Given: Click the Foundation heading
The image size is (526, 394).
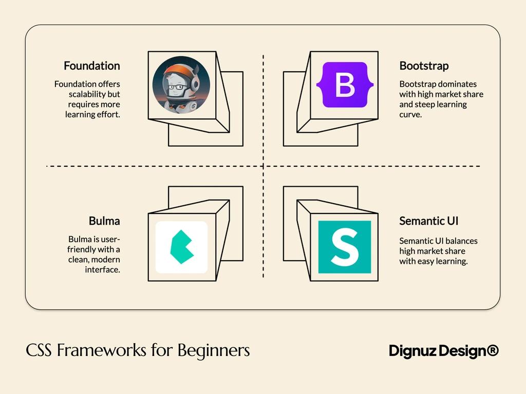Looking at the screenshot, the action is (x=91, y=66).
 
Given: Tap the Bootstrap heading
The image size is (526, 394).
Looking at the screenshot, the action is (x=424, y=66).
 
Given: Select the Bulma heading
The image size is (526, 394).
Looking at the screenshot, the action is (x=104, y=221).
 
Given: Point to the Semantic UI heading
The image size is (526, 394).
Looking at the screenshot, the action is (x=428, y=221).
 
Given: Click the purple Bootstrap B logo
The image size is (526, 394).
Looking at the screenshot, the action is (x=345, y=85).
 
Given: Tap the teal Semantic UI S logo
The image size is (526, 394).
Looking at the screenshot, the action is (x=344, y=247).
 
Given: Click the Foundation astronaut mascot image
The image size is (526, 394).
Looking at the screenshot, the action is (x=181, y=85).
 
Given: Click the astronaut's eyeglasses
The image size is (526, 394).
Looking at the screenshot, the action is (x=177, y=87).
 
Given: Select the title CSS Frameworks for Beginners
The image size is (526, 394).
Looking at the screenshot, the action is (x=138, y=350).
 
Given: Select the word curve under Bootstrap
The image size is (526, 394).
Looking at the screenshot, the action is (x=410, y=114).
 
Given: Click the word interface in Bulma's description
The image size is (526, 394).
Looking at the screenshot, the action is (x=102, y=270).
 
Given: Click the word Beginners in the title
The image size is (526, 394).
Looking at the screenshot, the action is (x=214, y=350).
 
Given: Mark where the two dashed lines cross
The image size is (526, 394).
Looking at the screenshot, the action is (x=263, y=166).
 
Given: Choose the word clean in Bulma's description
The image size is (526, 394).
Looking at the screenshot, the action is (x=80, y=260).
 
